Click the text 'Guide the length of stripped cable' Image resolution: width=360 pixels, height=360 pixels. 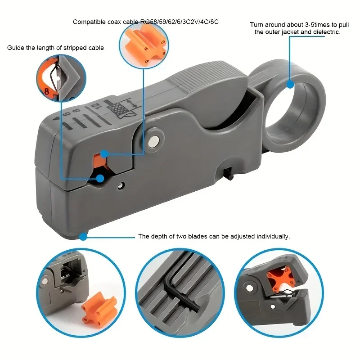coord(55,48)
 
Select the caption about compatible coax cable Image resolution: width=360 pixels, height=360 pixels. coord(145,22)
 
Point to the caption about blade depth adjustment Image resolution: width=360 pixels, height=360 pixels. coord(214,236)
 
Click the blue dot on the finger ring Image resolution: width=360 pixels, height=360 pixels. coord(290,84)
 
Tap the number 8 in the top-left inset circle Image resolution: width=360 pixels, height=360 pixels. coord(46,92)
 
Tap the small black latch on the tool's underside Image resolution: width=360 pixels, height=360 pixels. coord(227,174)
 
